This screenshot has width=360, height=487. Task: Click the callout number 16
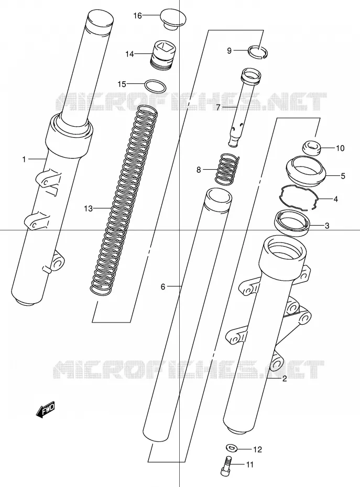click(137, 16)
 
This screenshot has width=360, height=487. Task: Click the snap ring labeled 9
click(258, 51)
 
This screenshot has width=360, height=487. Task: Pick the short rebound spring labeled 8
click(227, 169)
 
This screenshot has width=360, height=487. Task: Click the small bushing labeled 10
click(311, 148)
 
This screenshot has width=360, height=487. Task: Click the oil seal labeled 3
click(292, 223)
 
